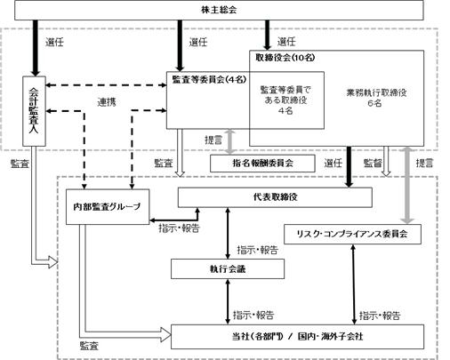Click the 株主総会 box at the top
219,10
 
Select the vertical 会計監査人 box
34,111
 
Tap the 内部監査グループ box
108,206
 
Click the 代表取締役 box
275,197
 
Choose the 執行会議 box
228,269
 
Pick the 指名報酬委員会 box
262,163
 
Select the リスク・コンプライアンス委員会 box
352,234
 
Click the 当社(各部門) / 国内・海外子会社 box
297,337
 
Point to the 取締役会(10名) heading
285,58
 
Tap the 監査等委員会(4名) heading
209,79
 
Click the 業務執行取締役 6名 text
376,98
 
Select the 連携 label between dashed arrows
107,102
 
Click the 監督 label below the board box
373,163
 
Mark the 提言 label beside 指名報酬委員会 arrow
213,140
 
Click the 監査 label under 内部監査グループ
89,346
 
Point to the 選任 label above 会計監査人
54,42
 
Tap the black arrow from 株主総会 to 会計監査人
36,48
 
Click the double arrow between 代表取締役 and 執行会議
228,233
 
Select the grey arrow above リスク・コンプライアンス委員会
407,185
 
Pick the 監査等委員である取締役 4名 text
285,100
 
